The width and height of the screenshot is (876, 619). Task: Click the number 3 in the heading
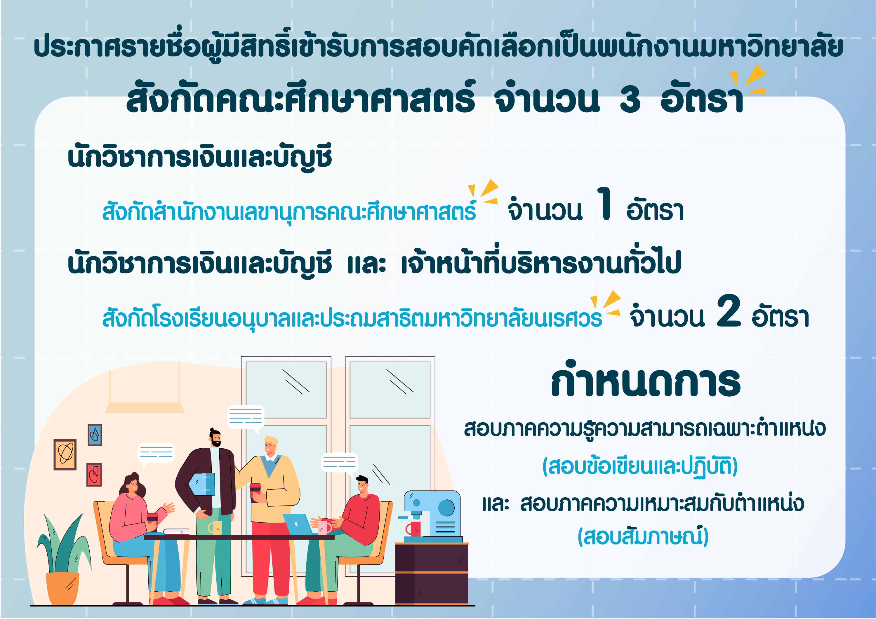(630, 99)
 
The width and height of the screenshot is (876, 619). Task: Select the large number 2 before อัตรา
(729, 311)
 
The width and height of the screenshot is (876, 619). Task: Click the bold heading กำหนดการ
(646, 379)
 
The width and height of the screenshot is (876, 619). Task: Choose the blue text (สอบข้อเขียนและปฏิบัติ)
(640, 466)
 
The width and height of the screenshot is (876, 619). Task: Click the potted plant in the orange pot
(64, 561)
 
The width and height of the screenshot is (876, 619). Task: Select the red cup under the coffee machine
(413, 529)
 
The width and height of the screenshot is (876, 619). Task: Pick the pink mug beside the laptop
(324, 528)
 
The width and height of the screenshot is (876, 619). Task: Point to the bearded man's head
(215, 437)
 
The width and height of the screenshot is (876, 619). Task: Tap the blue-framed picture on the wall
(95, 435)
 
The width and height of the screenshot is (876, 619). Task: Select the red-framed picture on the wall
(94, 475)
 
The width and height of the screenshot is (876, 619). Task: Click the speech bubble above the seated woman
(156, 454)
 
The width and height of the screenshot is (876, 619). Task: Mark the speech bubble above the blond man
(246, 419)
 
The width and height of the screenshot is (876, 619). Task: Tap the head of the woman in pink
(131, 484)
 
